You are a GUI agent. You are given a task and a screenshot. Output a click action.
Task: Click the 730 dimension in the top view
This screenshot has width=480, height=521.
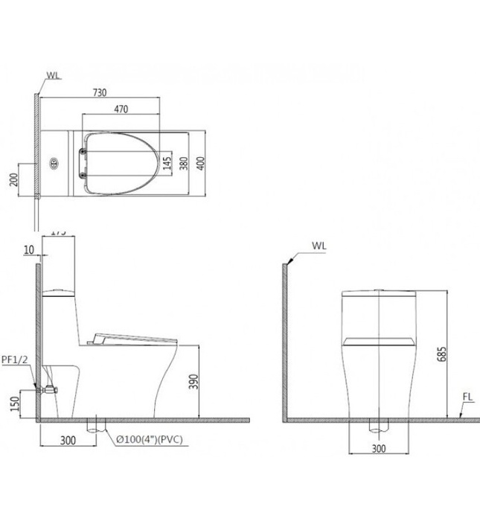coord(100,92)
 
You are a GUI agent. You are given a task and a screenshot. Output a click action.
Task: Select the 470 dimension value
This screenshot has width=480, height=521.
coord(121,109)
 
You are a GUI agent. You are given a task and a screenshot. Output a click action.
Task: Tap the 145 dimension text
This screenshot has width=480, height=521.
coord(168,162)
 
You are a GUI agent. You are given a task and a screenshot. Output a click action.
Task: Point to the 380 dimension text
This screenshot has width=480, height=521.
coord(183,162)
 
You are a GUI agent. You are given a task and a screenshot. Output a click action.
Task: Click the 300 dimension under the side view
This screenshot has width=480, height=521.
coord(68,441)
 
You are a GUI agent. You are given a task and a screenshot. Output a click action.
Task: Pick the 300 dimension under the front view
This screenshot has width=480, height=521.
coord(380,449)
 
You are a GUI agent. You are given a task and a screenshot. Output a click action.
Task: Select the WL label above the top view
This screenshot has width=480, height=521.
coord(54,75)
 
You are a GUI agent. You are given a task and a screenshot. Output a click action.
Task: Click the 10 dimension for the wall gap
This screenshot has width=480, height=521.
coord(28,251)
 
